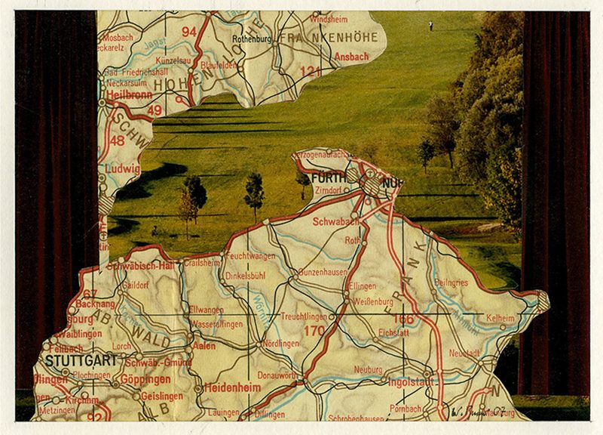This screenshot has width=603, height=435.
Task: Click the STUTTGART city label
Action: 81,360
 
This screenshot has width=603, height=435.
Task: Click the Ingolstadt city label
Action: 410,381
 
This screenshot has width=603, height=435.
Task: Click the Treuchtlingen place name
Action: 305,316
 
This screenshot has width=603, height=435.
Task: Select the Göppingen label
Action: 143,379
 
